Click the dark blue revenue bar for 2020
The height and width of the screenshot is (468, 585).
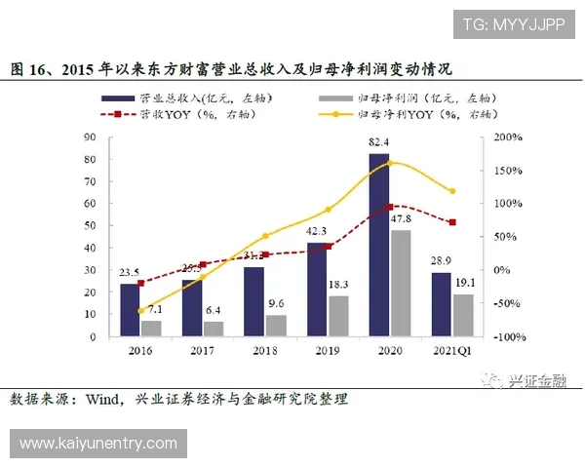[x=378, y=244]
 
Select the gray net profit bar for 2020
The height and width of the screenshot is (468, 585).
[x=400, y=283]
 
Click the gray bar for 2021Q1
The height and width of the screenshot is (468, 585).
[x=462, y=315]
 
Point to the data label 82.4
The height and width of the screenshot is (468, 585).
[x=379, y=143]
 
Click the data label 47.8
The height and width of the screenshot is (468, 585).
[x=401, y=220]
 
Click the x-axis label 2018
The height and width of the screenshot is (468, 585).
[x=264, y=349]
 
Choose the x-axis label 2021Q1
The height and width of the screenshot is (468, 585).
[x=451, y=349]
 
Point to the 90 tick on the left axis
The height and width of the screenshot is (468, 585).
[x=91, y=137]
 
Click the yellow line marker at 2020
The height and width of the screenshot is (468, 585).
[x=390, y=163]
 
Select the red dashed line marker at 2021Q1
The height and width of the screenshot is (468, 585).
[x=451, y=222]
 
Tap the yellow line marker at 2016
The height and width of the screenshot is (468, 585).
[x=141, y=311]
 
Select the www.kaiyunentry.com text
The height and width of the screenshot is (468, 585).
[x=97, y=444]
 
